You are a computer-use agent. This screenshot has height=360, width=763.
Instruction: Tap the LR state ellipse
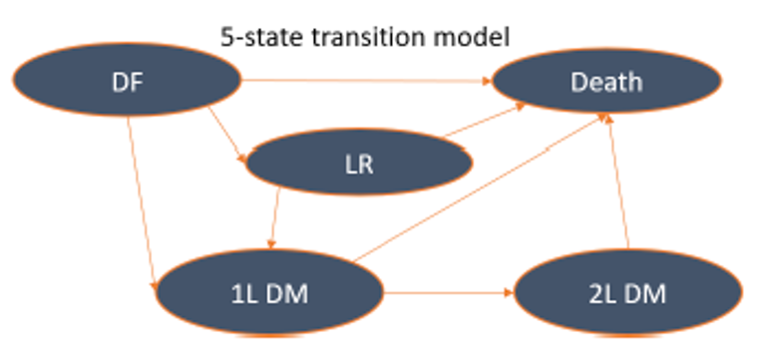tap(358, 163)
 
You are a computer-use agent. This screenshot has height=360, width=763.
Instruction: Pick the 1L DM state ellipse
tap(269, 293)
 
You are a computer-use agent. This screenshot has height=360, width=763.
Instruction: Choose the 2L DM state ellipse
tap(628, 293)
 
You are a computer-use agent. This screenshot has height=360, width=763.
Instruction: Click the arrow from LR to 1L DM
tap(275, 221)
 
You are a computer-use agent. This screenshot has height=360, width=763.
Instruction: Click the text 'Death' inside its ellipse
tap(606, 81)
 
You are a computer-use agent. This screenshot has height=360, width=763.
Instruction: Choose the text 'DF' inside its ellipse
tap(129, 81)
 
